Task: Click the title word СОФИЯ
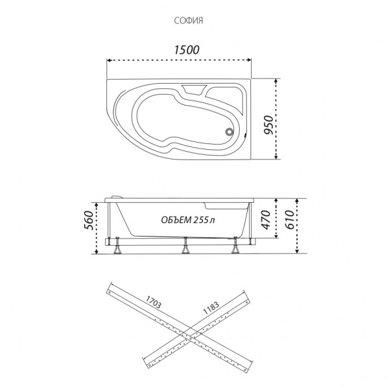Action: (x=189, y=21)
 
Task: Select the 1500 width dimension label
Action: (x=187, y=50)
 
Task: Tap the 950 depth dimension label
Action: (x=268, y=124)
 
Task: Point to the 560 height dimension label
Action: (x=89, y=220)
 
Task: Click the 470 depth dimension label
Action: (x=266, y=220)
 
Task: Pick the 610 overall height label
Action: (x=290, y=220)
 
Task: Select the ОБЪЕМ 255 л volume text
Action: (x=188, y=220)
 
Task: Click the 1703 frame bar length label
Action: (x=153, y=302)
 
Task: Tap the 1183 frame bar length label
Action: (x=211, y=308)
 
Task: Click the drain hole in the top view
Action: (x=230, y=132)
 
